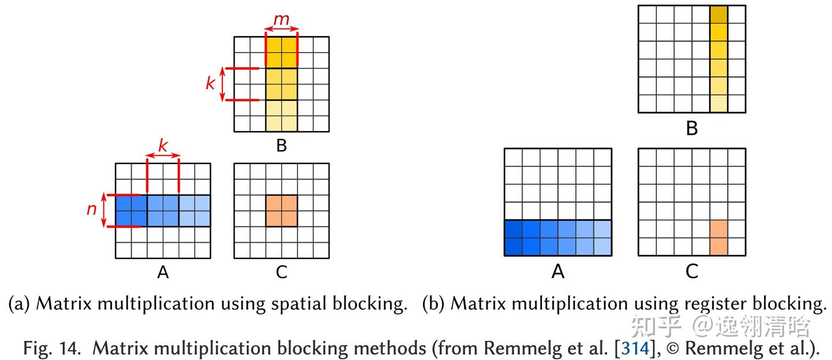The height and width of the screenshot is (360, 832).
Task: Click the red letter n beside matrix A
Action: (x=92, y=209)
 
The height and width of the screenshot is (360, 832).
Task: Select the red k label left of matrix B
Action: (x=210, y=84)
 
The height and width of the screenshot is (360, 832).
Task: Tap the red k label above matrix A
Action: (x=163, y=146)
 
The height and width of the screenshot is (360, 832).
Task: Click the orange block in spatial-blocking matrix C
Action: (x=281, y=210)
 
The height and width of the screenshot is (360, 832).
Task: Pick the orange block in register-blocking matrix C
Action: (x=718, y=237)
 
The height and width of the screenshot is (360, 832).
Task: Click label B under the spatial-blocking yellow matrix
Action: (x=281, y=146)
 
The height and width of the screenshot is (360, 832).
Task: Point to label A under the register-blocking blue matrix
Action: (x=558, y=271)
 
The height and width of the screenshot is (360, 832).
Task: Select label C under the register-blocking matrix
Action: (x=692, y=271)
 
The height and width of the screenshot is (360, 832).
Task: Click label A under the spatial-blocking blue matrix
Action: (x=163, y=272)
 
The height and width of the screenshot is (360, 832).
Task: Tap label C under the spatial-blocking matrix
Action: (x=281, y=272)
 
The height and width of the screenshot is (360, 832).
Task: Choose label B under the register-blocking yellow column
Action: (x=692, y=128)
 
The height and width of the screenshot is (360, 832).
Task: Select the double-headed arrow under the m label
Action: (x=282, y=28)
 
